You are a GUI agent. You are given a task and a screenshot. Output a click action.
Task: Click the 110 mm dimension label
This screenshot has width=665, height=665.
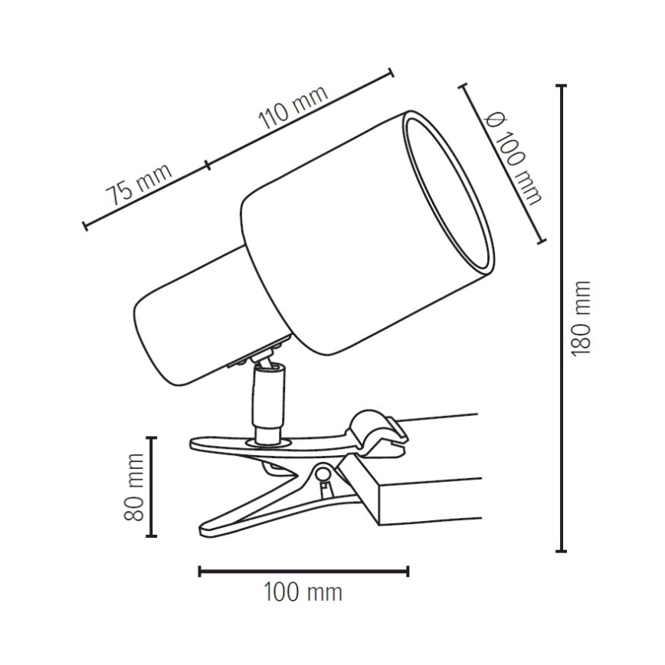[x=294, y=108]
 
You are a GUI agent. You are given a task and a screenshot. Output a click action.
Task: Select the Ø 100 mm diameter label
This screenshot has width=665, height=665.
[x=515, y=159]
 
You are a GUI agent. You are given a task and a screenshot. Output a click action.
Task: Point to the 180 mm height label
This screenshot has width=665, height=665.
[x=582, y=318]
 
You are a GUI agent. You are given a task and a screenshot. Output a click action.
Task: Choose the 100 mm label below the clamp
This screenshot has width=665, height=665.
[x=303, y=593]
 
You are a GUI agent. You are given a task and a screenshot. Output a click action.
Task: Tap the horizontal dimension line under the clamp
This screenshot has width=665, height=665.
[x=303, y=570]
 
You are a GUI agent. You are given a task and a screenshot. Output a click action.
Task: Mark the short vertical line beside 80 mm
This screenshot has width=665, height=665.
[x=152, y=486]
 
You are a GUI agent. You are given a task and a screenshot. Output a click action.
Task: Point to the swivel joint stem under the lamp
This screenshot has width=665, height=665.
[x=268, y=398]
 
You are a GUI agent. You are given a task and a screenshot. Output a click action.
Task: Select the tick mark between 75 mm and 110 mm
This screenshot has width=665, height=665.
[x=208, y=163]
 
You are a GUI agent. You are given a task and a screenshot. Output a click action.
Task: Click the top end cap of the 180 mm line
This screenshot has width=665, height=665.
[x=562, y=87]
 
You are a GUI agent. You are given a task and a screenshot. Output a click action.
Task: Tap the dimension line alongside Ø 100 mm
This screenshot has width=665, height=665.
[x=502, y=164]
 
